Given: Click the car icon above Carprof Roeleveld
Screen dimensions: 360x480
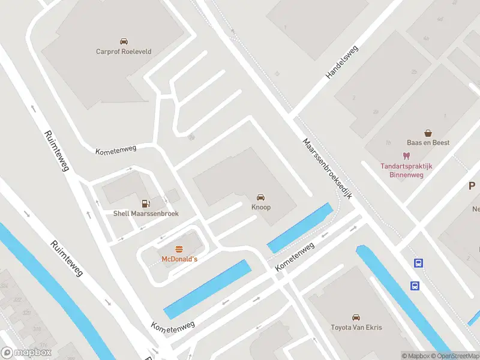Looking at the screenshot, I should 124,41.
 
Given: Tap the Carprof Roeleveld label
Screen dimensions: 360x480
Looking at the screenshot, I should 124,52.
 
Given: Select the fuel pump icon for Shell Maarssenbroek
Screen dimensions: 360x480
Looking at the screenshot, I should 145,204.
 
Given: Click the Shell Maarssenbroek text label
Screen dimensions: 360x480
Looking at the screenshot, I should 146,214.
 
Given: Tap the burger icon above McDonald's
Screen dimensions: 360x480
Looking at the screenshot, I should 179,249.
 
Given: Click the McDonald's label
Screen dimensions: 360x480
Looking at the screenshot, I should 179,259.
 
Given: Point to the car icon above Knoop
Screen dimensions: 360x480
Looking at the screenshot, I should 261,197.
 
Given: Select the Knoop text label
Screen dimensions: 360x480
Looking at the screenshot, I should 261,207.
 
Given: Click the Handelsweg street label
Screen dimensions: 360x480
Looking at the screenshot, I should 341,62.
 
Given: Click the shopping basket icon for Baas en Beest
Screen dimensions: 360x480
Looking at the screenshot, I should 428,133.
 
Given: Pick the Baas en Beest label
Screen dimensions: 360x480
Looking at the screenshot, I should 428,143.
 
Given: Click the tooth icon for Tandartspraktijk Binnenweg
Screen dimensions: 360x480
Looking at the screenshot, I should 406,156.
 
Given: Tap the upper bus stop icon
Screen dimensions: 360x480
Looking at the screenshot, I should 418,263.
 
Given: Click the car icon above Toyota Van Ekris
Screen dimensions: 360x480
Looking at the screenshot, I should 356,317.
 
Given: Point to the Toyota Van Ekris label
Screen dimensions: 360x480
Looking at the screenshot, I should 356,328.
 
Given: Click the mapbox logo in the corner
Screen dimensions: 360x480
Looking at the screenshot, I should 26,352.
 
